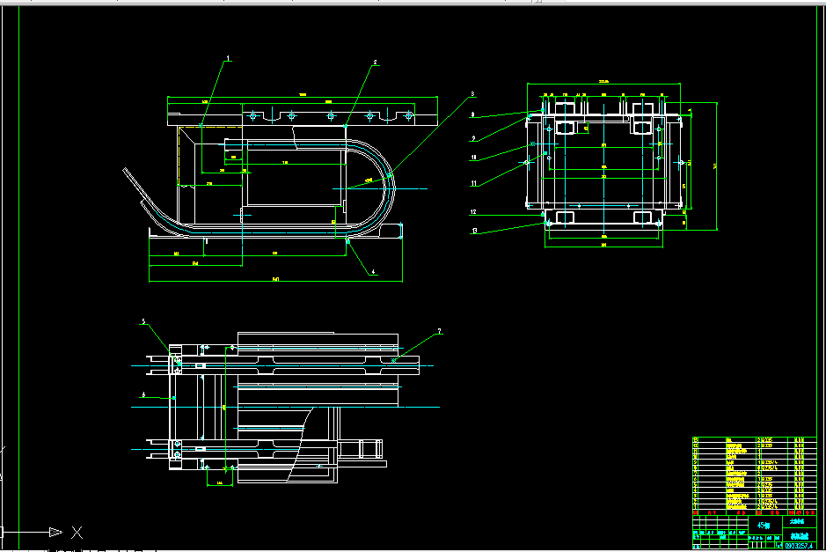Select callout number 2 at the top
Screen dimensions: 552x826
(x=375, y=63)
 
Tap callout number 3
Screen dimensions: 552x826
(x=472, y=93)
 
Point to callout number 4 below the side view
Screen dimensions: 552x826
(x=373, y=272)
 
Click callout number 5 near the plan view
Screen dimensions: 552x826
(x=143, y=321)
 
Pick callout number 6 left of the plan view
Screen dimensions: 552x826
(x=143, y=395)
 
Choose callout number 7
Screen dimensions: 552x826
(x=440, y=332)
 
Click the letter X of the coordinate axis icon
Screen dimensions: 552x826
(x=77, y=532)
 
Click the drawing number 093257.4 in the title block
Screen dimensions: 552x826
(x=797, y=546)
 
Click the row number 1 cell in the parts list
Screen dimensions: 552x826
(x=697, y=506)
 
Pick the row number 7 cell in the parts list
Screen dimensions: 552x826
(x=697, y=471)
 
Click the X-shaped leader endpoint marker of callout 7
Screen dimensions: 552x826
(x=394, y=359)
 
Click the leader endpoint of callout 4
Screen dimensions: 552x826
(x=348, y=239)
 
